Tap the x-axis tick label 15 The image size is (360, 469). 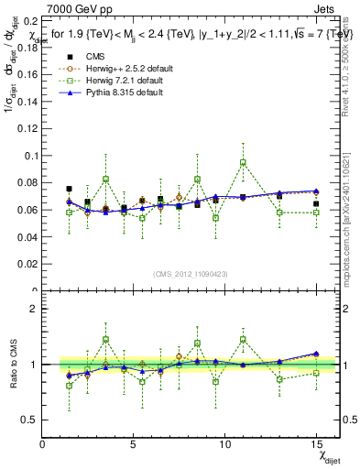[316, 444]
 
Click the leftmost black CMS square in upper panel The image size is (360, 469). [70, 189]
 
